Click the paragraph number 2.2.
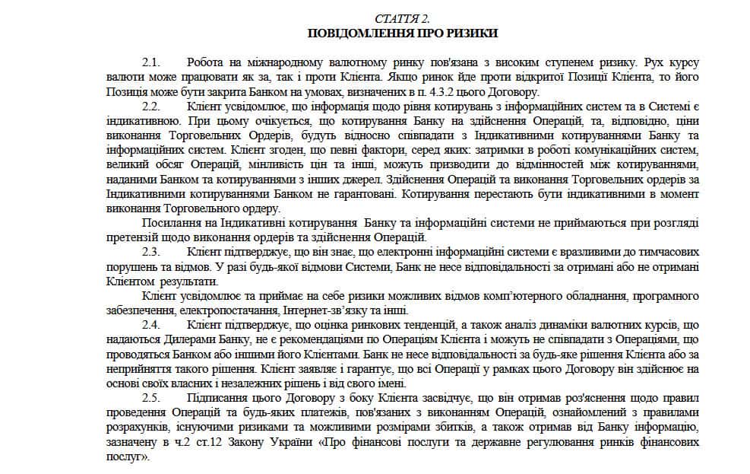pos(151,107)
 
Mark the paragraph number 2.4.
pos(151,325)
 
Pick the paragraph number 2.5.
pos(151,398)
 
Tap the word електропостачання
pos(230,310)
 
